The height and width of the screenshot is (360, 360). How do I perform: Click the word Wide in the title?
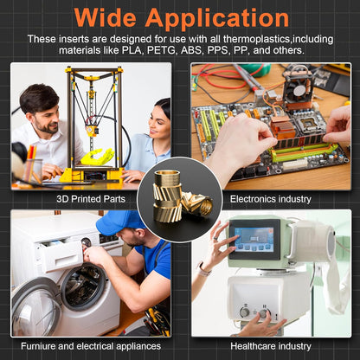coord(106,18)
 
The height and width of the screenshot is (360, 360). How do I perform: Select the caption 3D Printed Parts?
coord(91,199)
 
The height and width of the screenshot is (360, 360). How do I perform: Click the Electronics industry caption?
coord(271,199)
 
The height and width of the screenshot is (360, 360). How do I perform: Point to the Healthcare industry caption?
coord(271,346)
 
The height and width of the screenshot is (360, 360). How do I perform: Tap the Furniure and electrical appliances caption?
coord(91,346)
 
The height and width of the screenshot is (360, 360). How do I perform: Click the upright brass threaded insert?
coord(167,196)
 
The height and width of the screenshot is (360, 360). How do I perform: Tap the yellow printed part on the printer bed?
coord(97,157)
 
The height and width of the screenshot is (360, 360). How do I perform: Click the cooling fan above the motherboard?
coord(297,87)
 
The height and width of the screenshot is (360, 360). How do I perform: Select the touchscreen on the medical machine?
coord(254,239)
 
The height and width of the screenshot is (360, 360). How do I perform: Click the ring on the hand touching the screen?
coord(215,238)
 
